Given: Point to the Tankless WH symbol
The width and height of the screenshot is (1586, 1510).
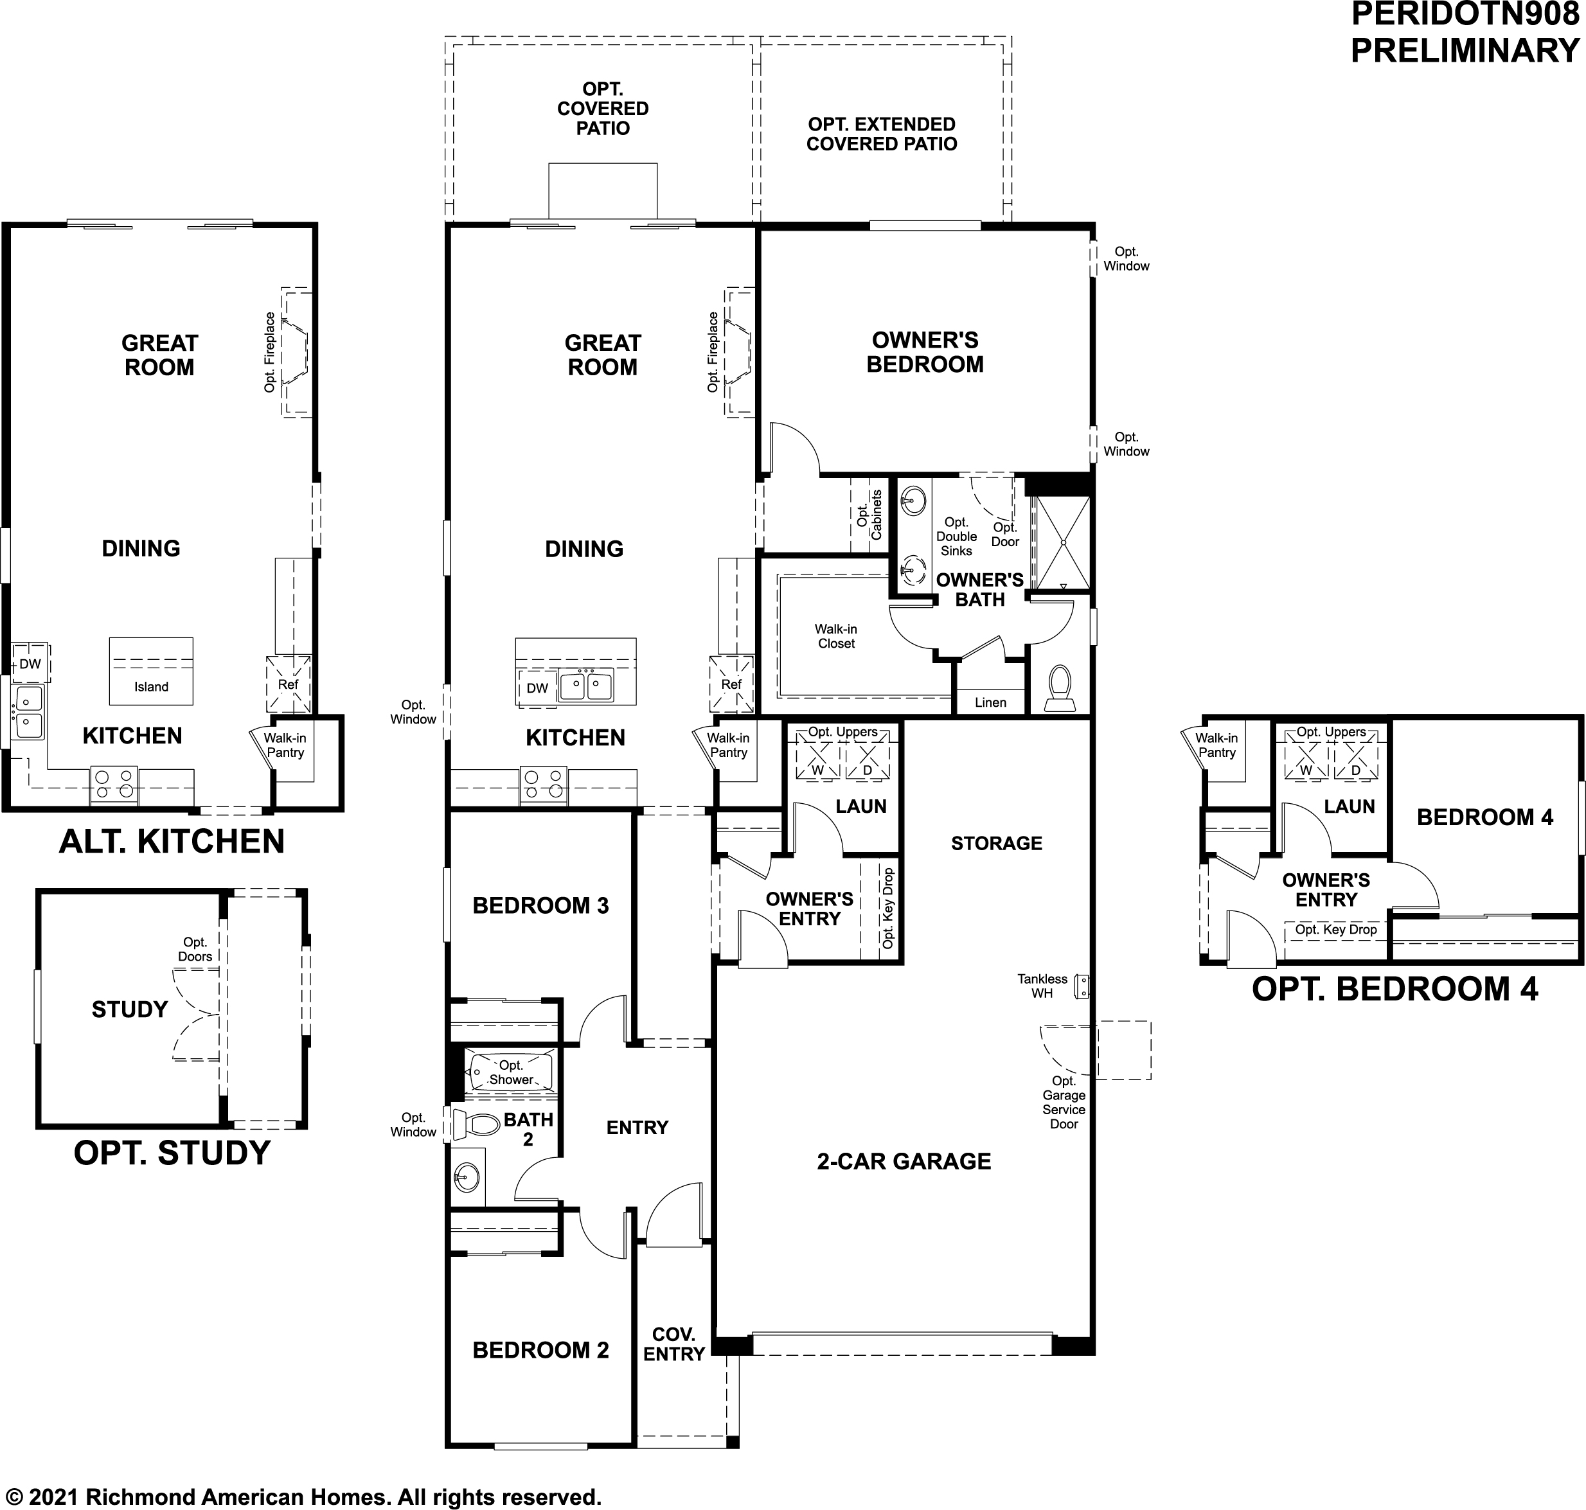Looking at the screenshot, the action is (1083, 986).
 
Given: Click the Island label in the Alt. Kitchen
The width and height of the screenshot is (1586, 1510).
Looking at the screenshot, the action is (152, 687).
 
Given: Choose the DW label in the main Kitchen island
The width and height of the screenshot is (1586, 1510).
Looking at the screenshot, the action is (537, 688).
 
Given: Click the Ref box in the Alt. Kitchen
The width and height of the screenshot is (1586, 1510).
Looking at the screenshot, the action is (288, 684).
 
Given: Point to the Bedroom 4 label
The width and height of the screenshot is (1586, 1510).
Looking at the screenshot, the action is (1485, 817).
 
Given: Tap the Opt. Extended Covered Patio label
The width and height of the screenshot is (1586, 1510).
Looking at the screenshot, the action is (882, 134).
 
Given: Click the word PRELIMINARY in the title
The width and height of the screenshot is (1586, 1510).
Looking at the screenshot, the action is (1465, 50).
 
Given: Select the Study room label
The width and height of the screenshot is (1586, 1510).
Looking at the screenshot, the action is (130, 1009).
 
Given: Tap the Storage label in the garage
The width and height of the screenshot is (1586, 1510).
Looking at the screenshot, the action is (997, 843).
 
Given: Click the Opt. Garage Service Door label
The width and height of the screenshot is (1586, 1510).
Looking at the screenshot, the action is (1064, 1102).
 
